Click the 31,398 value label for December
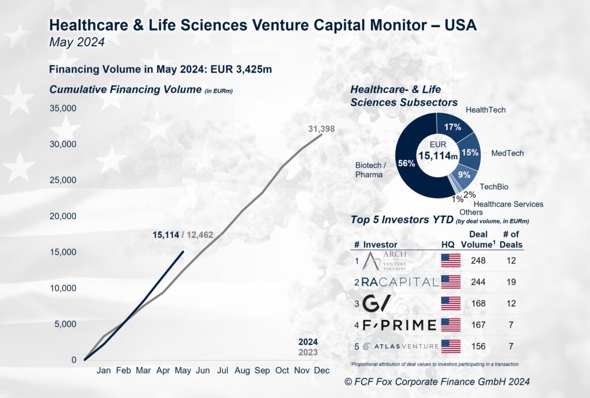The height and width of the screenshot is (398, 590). tap(322, 129)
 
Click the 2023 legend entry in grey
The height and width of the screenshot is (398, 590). tap(307, 352)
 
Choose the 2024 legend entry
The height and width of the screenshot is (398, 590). tap(307, 341)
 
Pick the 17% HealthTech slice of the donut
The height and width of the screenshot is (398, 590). tap(454, 127)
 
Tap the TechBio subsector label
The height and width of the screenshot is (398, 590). tap(494, 187)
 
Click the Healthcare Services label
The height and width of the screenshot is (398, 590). tap(508, 204)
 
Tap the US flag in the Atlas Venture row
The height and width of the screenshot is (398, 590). tap(451, 346)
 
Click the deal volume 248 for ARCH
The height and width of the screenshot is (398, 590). tap(478, 261)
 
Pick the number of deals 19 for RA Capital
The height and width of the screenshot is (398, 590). tap(510, 282)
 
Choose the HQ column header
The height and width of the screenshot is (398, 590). tap(448, 244)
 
